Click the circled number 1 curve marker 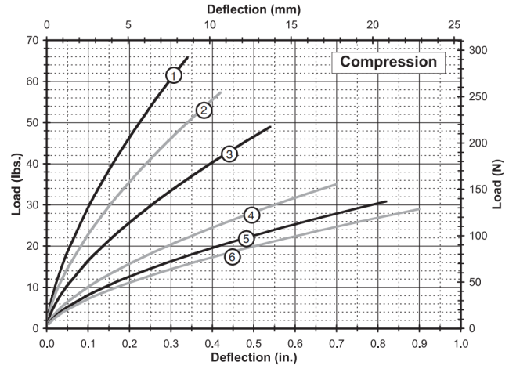click(174, 74)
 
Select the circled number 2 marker click(204, 110)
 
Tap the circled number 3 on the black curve click(229, 154)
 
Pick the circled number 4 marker click(251, 215)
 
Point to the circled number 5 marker click(246, 239)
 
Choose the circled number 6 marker click(233, 256)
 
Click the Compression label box click(388, 61)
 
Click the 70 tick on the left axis click(33, 40)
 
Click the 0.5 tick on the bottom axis click(254, 342)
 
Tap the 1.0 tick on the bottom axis click(460, 342)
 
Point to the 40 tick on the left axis click(33, 164)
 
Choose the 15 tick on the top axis click(291, 25)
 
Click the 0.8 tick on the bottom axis click(377, 342)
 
